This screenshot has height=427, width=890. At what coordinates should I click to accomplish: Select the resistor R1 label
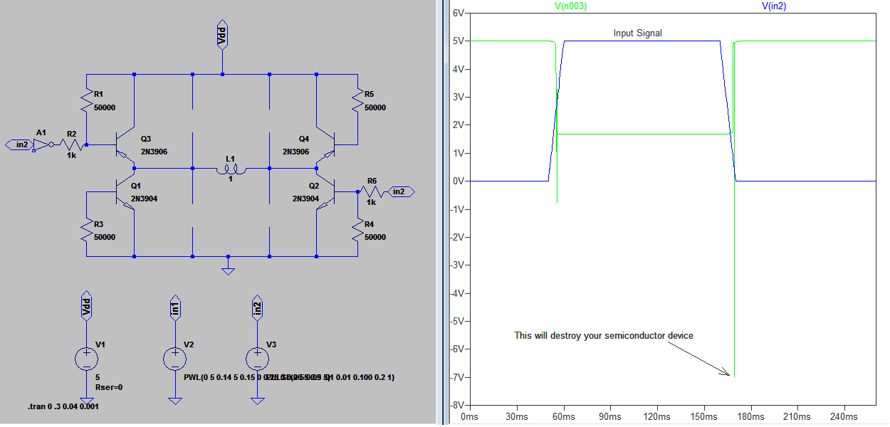tap(98, 94)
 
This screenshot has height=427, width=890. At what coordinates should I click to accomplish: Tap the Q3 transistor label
tap(146, 139)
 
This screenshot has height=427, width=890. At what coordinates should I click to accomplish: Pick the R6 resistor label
tap(371, 181)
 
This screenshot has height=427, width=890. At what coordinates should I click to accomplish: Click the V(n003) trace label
tap(570, 6)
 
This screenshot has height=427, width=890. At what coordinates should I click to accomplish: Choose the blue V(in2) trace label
tap(779, 6)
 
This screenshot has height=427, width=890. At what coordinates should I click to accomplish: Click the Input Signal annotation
tap(638, 33)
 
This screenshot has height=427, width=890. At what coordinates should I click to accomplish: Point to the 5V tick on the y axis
tap(458, 41)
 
